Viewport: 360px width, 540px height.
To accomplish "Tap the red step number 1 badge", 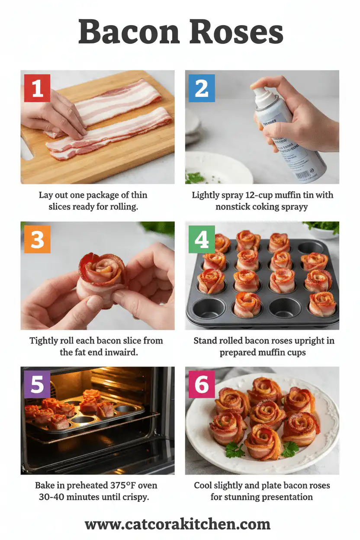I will tap(37, 88).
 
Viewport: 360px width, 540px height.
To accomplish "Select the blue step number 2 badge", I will tap(202, 88).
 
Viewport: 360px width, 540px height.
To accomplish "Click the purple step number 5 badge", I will tap(37, 384).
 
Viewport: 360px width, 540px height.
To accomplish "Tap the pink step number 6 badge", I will tap(202, 384).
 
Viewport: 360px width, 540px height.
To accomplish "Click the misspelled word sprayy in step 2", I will tap(294, 206).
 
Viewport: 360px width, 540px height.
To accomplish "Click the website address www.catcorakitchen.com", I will tap(177, 524).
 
